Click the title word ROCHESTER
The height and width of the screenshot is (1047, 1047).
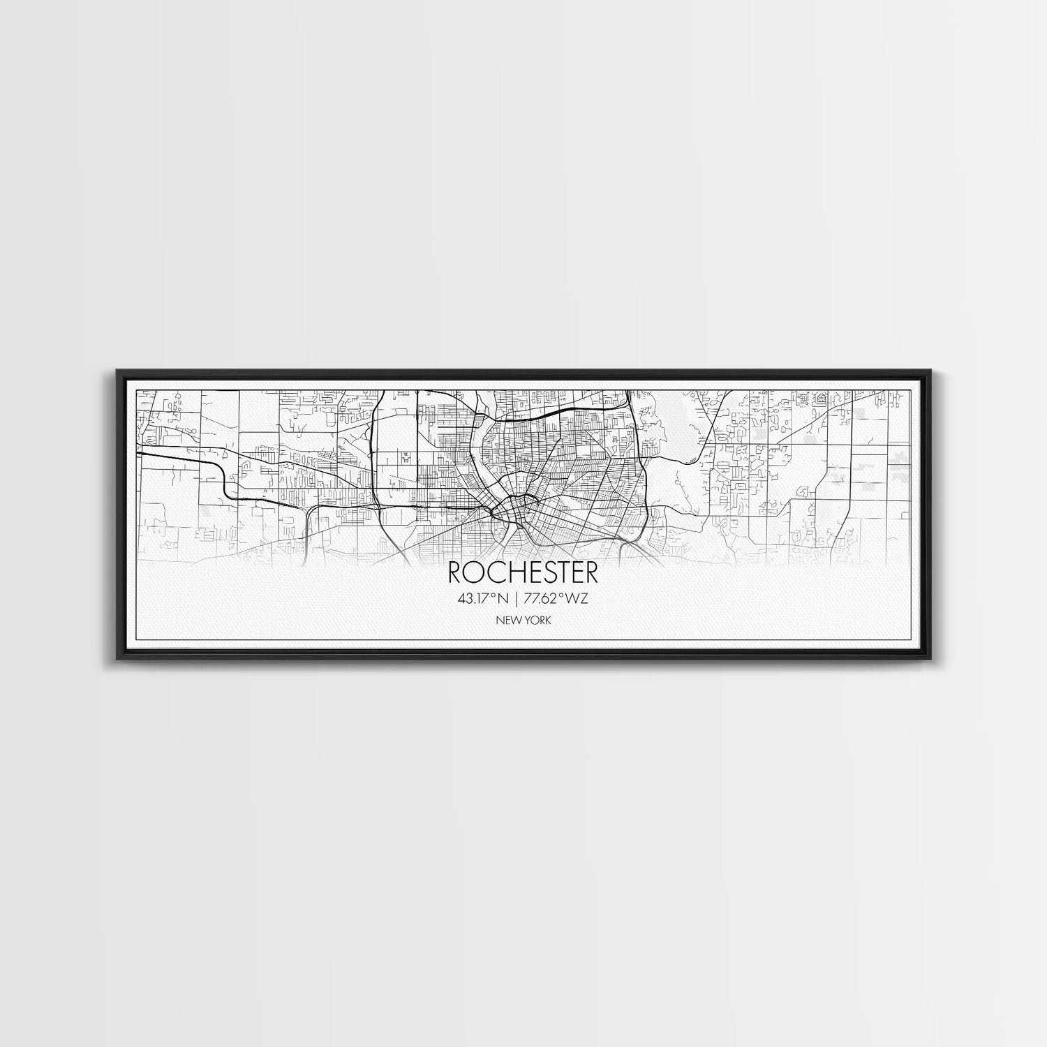(523, 573)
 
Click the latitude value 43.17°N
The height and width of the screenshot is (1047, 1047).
(483, 598)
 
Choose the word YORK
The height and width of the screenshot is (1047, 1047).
(536, 620)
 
